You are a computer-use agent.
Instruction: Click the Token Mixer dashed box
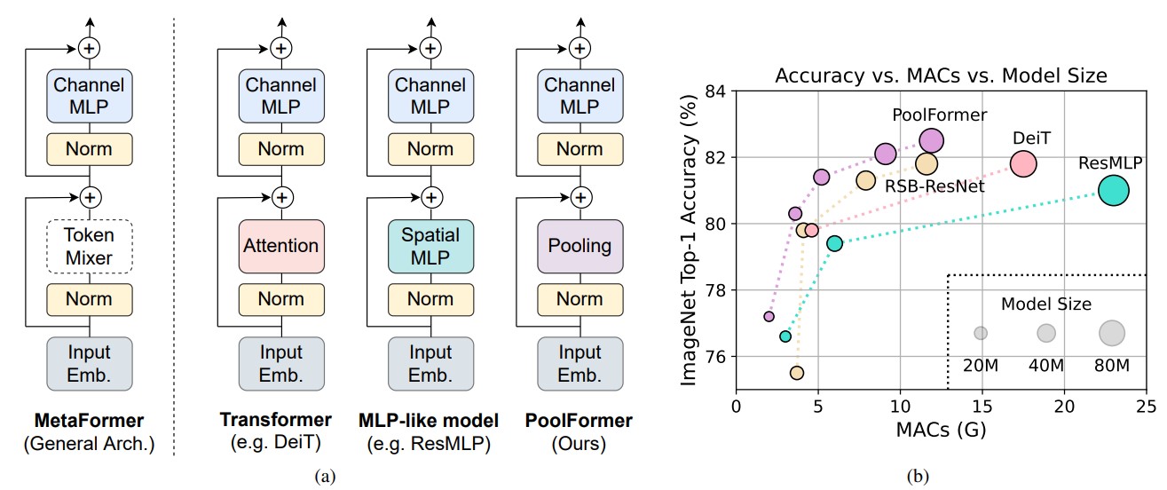[89, 247]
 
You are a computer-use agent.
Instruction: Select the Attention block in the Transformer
[281, 247]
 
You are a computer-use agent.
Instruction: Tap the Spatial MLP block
[430, 247]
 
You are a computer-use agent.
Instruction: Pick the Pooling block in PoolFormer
[580, 247]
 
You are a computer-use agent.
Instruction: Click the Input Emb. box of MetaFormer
[89, 364]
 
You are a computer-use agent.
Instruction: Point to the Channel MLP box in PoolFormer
[580, 96]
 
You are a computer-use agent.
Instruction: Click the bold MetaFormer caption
[89, 421]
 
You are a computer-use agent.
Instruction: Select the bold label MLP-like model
[429, 421]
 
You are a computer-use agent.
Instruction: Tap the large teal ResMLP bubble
[1114, 191]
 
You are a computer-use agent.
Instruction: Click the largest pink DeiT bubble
[1023, 163]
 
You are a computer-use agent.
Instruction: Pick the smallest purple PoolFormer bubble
[769, 316]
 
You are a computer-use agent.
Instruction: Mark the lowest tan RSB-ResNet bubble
[797, 373]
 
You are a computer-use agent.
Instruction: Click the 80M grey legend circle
[1112, 333]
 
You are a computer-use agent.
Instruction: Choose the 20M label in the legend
[981, 366]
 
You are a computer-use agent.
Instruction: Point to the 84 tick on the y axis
[715, 91]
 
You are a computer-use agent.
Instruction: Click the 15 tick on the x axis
[982, 407]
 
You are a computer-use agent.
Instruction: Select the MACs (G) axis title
[941, 430]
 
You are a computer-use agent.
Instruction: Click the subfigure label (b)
[918, 477]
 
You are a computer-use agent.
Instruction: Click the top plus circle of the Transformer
[281, 49]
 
